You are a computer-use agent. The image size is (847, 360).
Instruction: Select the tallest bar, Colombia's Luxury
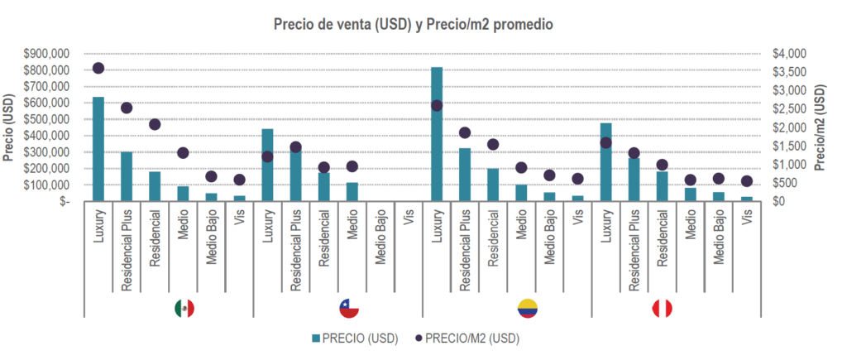pyautogui.click(x=437, y=133)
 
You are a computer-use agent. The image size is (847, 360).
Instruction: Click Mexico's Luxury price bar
pyautogui.click(x=98, y=149)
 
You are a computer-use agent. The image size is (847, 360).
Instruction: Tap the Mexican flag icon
pyautogui.click(x=184, y=309)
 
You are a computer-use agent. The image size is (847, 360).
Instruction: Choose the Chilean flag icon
pyautogui.click(x=350, y=309)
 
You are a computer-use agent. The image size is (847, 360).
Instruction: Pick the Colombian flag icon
pyautogui.click(x=527, y=309)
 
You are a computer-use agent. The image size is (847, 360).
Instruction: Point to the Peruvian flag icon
pyautogui.click(x=662, y=309)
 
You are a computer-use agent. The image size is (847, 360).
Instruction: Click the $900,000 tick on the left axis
pyautogui.click(x=47, y=53)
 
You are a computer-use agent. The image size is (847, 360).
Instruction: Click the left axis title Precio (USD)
pyautogui.click(x=9, y=127)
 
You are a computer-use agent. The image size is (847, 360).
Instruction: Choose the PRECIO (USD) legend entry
pyautogui.click(x=355, y=338)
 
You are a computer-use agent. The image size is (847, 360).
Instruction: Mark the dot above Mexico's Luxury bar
pyautogui.click(x=98, y=68)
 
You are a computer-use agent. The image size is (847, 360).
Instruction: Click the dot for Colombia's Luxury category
pyautogui.click(x=437, y=105)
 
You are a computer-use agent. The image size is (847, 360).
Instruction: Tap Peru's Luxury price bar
pyautogui.click(x=606, y=161)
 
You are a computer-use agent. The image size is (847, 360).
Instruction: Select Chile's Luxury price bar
pyautogui.click(x=267, y=165)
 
